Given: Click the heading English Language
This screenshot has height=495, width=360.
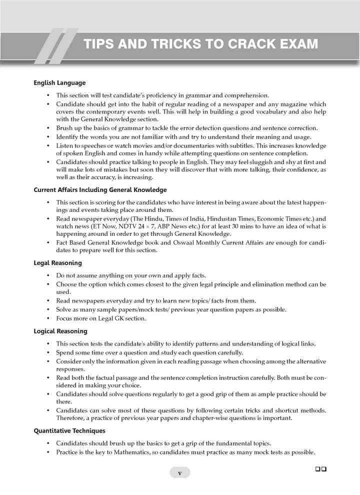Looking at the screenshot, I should pos(59,83).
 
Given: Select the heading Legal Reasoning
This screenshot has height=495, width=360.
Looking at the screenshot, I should pos(57,263).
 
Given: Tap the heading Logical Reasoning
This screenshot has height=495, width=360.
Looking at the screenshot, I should pos(60,331).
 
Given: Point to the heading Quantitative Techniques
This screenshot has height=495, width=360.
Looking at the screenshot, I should pos(69,430).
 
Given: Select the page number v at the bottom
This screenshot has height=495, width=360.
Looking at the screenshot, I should pos(180,472).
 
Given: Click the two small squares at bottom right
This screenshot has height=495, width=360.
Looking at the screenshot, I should pos(321,468).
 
